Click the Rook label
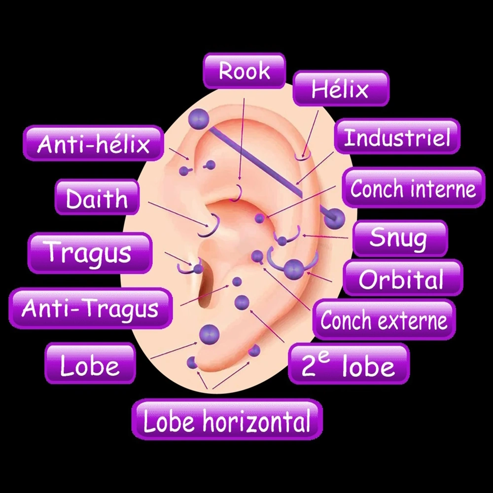pyautogui.click(x=245, y=70)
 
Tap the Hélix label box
pyautogui.click(x=341, y=88)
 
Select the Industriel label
pyautogui.click(x=397, y=137)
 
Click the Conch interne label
pyautogui.click(x=414, y=188)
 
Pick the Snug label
pyautogui.click(x=400, y=238)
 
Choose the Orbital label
pyautogui.click(x=403, y=278)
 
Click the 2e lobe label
pyautogui.click(x=349, y=364)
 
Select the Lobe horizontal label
pyautogui.click(x=227, y=420)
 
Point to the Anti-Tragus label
pyautogui.click(x=91, y=308)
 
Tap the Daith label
pyautogui.click(x=97, y=197)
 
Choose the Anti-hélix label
pyautogui.click(x=93, y=143)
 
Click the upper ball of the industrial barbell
pyautogui.click(x=199, y=119)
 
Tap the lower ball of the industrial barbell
pyautogui.click(x=334, y=218)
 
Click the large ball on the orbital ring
pyautogui.click(x=294, y=269)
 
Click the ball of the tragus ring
pyautogui.click(x=198, y=269)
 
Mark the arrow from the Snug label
pyautogui.click(x=325, y=237)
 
